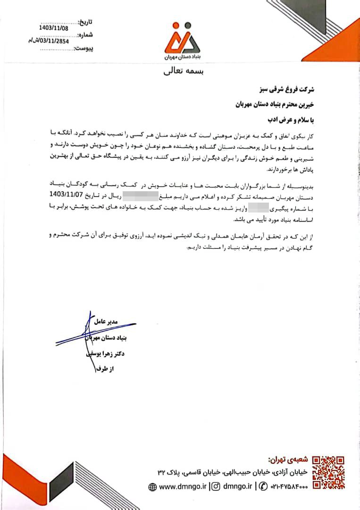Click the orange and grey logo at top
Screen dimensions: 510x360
[x=182, y=39]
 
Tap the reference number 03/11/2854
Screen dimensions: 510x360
[x=52, y=41]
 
